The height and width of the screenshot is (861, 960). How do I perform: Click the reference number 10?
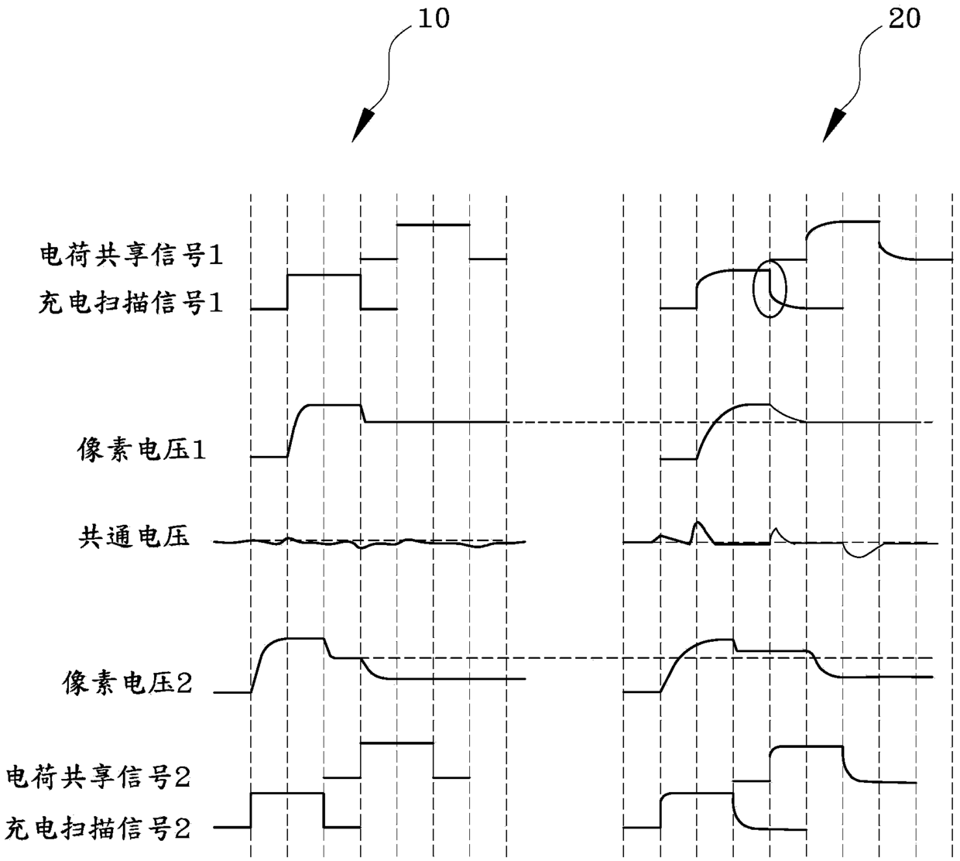click(x=433, y=19)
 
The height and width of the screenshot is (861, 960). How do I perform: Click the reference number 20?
click(x=903, y=19)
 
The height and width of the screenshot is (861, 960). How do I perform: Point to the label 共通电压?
click(x=133, y=537)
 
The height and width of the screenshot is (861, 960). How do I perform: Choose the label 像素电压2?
click(x=128, y=684)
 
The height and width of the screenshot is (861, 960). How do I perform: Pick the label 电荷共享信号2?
click(x=98, y=777)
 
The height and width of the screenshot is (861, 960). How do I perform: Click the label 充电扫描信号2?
click(x=98, y=829)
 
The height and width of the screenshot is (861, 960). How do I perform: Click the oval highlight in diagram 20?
click(x=770, y=290)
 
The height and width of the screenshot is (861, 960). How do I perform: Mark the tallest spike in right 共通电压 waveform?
click(x=696, y=523)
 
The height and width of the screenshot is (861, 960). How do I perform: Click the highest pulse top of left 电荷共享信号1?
click(x=434, y=225)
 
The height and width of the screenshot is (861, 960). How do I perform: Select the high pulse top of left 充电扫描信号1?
click(x=324, y=275)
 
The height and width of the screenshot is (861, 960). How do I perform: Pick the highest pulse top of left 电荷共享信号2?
click(x=397, y=743)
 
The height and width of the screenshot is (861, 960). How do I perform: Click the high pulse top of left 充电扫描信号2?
click(x=287, y=793)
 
